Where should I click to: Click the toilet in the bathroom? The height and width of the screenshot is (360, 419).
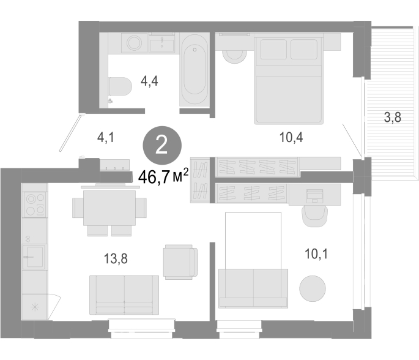pos(121,86)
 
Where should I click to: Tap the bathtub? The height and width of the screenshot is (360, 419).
pos(195,70)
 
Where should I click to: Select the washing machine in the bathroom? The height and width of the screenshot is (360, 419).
pos(135,43)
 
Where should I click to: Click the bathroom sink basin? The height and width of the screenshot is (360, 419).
pos(162,45)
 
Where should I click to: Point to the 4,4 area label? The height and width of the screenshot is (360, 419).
pos(149,81)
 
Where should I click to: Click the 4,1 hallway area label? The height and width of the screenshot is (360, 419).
pos(106,138)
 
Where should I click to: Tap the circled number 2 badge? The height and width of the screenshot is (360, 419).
pos(162,146)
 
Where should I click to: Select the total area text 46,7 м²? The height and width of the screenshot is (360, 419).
pos(163,176)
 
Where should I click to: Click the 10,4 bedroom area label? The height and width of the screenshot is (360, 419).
pos(291,138)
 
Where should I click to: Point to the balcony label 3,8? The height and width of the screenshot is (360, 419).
pos(393,117)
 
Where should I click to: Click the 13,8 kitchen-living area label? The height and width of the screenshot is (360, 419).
pos(116,258)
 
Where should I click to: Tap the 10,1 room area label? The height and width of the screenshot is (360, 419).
pos(316,253)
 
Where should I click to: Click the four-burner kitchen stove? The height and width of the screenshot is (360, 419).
pos(35,204)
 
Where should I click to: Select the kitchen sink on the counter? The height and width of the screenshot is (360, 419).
pos(33,257)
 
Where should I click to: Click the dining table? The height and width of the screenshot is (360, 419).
pos(109,208)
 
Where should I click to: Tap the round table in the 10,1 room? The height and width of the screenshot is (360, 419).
pos(313,288)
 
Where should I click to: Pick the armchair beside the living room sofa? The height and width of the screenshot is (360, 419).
pos(181,262)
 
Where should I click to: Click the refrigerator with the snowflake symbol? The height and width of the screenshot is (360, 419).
pos(35,307)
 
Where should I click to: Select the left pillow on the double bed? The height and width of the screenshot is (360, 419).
pos(273,49)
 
